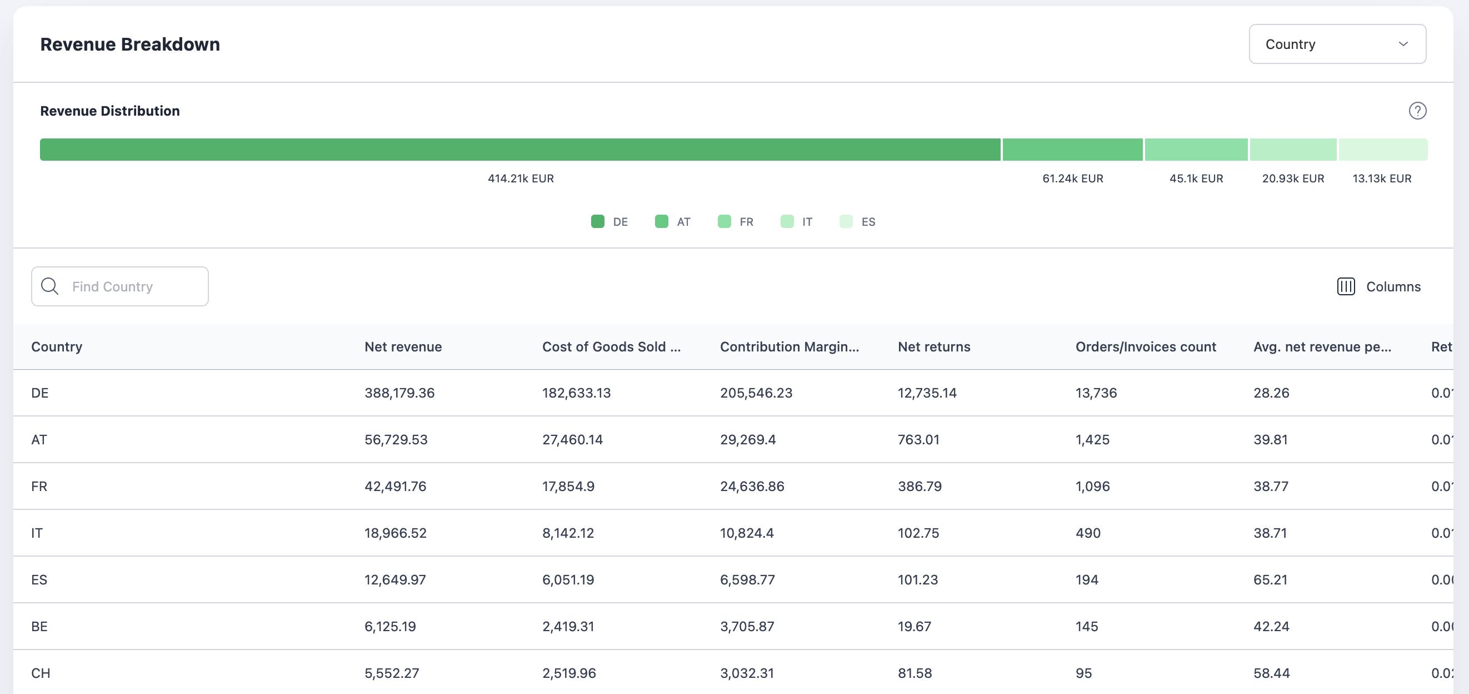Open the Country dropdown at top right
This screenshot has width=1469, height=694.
pos(1337,44)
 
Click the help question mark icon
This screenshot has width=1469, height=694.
pos(1417,111)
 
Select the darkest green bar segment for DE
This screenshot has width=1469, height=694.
pos(519,150)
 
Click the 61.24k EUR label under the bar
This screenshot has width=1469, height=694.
pos(1072,179)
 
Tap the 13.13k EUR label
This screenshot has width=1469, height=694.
pos(1381,179)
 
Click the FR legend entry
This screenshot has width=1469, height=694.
pos(736,221)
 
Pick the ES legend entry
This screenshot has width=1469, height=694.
pos(858,221)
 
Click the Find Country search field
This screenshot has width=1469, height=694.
pos(120,286)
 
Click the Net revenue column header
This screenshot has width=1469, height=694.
pos(403,347)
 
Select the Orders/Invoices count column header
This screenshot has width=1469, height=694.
pos(1145,347)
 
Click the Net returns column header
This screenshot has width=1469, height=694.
pos(933,347)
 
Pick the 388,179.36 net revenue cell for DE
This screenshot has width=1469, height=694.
pos(399,393)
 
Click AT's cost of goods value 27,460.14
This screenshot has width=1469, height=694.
pos(572,440)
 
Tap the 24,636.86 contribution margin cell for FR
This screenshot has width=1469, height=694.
pos(752,486)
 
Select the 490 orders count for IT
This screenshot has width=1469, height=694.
pos(1087,533)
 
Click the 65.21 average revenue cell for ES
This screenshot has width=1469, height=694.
pos(1270,580)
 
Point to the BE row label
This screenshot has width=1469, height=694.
pos(39,627)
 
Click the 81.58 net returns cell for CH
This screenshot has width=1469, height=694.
pos(914,673)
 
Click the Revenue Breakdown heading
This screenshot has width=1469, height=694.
pos(130,44)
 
